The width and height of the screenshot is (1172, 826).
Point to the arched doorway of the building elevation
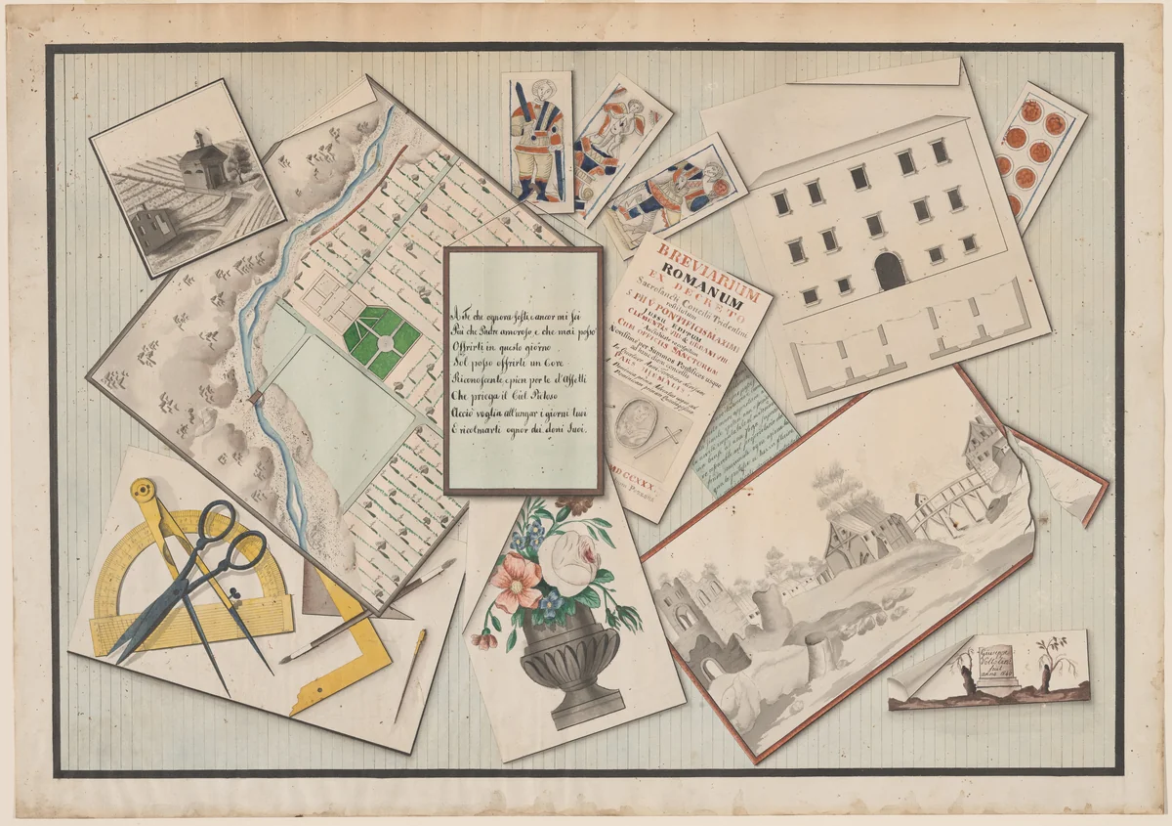[890, 271]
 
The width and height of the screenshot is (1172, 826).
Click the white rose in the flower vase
[565, 558]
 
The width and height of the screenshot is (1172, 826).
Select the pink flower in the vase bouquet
[517, 579]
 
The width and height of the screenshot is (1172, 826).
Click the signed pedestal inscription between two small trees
[1007, 667]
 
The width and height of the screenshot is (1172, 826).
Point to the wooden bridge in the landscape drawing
[943, 498]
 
